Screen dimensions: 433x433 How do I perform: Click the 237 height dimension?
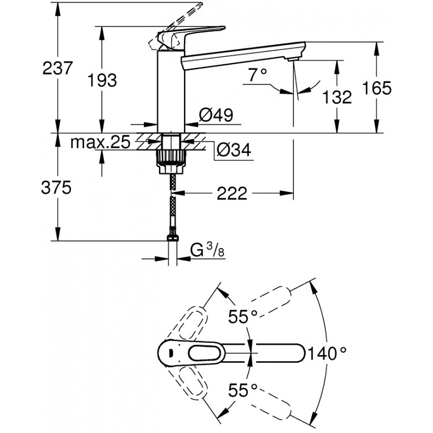coord(58,68)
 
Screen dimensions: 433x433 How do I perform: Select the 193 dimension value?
coord(102,80)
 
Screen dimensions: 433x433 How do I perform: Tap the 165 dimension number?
coord(376,88)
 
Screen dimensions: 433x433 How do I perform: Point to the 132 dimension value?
coord(337,97)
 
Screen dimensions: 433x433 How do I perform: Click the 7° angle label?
coord(257,74)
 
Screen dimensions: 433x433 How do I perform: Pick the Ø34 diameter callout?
coord(234,150)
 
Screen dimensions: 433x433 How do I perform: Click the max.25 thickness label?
coord(100,143)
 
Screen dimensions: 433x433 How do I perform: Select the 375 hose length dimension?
coord(56,188)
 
